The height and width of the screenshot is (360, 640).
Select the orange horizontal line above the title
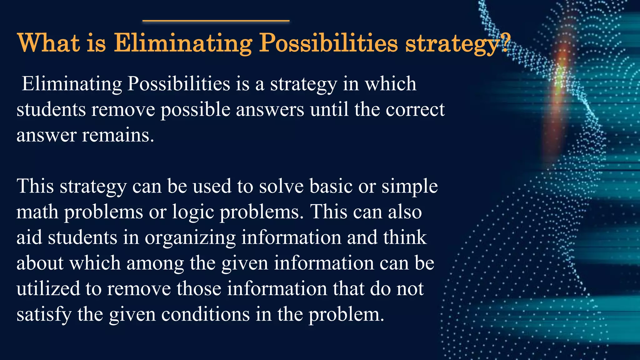coord(216,21)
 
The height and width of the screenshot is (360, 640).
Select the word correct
coord(415,110)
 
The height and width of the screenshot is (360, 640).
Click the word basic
coord(331,186)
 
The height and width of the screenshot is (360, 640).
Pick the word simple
coord(409,187)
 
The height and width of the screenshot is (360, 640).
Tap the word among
coord(155,263)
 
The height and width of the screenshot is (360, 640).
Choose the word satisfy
coord(44,314)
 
